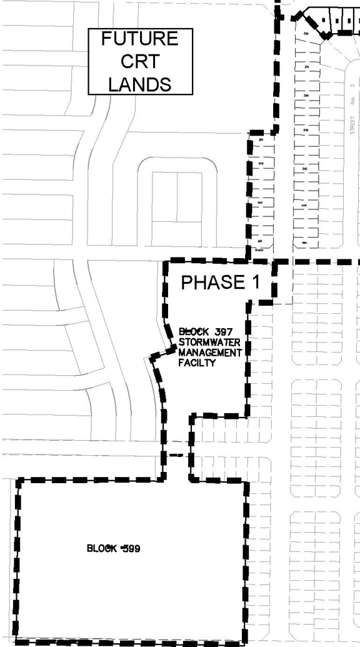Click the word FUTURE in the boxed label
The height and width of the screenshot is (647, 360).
tap(140, 39)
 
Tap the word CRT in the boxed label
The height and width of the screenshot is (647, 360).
tap(139, 61)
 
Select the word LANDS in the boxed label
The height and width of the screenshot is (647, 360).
tap(140, 84)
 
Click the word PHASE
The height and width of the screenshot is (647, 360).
tap(212, 283)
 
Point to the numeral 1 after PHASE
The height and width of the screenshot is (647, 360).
tap(255, 283)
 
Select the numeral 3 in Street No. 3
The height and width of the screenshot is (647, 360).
tap(352, 86)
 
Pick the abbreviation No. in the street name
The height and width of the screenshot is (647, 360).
tap(352, 100)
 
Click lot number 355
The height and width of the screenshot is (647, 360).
tap(260, 203)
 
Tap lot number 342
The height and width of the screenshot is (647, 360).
tap(305, 169)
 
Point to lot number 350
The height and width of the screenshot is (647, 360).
tap(305, 243)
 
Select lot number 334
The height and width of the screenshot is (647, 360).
tap(306, 95)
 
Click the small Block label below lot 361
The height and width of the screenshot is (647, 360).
tap(258, 249)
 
